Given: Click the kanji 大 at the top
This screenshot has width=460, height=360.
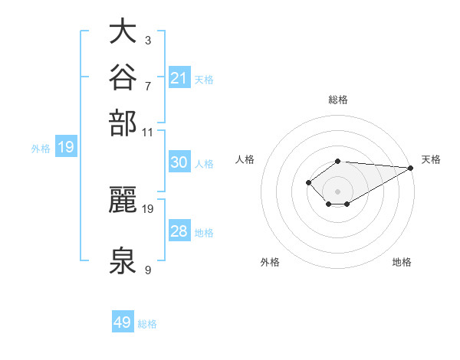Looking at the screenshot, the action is pyautogui.click(x=123, y=31).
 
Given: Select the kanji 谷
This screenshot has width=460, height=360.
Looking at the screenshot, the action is pyautogui.click(x=123, y=77).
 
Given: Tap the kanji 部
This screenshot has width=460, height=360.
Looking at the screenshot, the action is pyautogui.click(x=123, y=123).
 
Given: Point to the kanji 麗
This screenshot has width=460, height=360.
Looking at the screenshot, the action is pyautogui.click(x=123, y=199).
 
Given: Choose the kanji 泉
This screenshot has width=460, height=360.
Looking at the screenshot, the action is pyautogui.click(x=123, y=260).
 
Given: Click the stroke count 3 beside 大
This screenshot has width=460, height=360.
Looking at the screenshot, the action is pyautogui.click(x=148, y=40).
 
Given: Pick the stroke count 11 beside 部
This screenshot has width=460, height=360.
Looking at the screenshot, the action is pyautogui.click(x=147, y=133).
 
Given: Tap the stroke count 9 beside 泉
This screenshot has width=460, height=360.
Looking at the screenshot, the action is pyautogui.click(x=148, y=270).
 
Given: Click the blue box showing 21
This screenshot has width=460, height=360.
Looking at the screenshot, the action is pyautogui.click(x=179, y=77).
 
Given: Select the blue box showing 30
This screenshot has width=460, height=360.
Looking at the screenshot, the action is pyautogui.click(x=179, y=162).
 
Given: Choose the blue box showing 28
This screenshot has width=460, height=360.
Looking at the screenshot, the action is pyautogui.click(x=179, y=230).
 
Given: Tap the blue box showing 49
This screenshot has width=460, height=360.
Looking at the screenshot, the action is pyautogui.click(x=123, y=321).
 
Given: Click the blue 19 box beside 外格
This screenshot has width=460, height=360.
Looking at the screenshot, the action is pyautogui.click(x=66, y=146).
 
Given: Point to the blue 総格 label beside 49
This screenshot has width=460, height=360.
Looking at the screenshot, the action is pyautogui.click(x=147, y=324).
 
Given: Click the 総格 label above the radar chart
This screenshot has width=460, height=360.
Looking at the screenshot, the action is pyautogui.click(x=338, y=100).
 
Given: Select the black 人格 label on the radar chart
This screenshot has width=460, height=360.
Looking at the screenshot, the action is pyautogui.click(x=245, y=159).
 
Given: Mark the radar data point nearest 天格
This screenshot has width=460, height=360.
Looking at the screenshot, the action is pyautogui.click(x=411, y=168).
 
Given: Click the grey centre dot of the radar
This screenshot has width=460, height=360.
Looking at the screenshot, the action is pyautogui.click(x=337, y=191).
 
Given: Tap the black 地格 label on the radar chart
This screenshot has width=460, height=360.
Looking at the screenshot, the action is pyautogui.click(x=402, y=262).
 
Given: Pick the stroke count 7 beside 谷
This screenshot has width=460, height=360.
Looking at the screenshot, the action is pyautogui.click(x=148, y=87).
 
